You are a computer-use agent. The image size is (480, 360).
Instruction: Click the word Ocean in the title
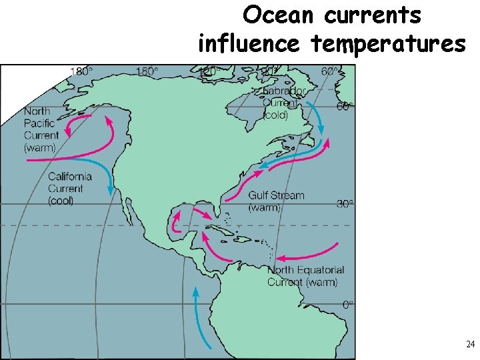(275, 15)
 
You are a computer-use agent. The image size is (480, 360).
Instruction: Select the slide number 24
(470, 345)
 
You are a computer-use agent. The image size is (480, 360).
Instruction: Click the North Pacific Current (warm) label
(41, 129)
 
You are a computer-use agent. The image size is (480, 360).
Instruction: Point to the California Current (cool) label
(69, 189)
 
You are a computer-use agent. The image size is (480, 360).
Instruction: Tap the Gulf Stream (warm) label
(275, 201)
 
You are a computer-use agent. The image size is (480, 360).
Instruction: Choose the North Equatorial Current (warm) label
(305, 276)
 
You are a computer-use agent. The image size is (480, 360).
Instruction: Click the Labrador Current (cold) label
(284, 103)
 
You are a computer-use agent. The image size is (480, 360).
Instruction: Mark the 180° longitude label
(82, 71)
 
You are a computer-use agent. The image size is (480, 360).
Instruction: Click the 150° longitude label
(147, 71)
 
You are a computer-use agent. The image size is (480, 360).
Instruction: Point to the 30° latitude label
(344, 205)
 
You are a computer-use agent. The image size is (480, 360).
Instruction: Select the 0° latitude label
(347, 304)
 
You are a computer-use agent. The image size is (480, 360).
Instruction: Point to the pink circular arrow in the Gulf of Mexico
(177, 221)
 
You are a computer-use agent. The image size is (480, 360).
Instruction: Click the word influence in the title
(249, 44)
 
